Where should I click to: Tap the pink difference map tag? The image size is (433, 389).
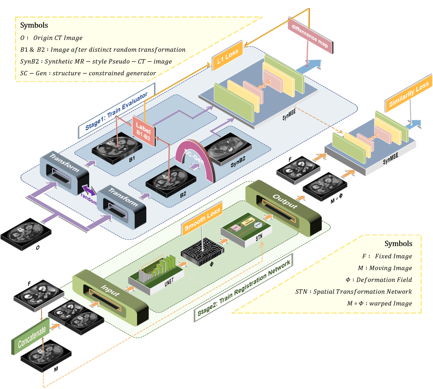point(310,36)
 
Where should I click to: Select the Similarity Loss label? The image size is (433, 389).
point(408,93)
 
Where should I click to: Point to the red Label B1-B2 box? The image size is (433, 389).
point(144,131)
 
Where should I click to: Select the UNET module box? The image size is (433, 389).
point(157,273)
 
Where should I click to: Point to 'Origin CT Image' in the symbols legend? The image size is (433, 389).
point(58,38)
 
